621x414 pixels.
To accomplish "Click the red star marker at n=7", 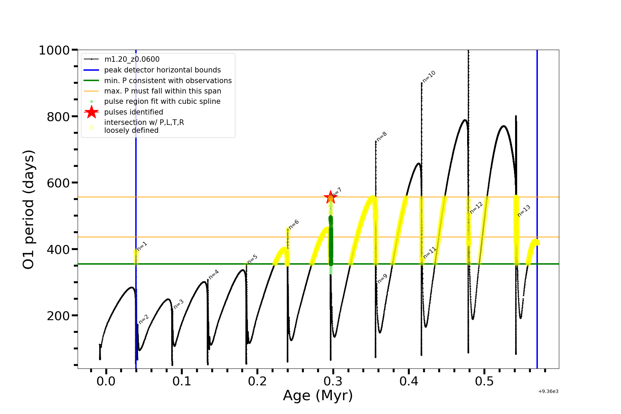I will (x=331, y=198).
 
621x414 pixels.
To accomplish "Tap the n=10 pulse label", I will (x=429, y=77).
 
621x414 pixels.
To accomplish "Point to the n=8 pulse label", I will (x=382, y=136).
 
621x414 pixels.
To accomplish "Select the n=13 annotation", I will (x=524, y=211).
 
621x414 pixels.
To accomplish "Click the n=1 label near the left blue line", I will (x=142, y=246).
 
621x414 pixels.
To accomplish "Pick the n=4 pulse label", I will (x=214, y=274).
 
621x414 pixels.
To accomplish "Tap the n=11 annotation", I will (x=430, y=253).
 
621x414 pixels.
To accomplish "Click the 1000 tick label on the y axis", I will (x=54, y=50).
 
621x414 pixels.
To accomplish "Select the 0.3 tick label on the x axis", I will (x=333, y=381).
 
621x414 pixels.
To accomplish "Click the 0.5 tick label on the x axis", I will (x=484, y=381).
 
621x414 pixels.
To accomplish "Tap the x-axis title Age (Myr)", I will (x=318, y=396).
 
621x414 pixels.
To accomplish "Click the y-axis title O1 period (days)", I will (x=28, y=209).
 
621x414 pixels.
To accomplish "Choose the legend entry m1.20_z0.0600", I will (x=132, y=59).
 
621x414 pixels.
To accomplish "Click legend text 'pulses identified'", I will (x=134, y=112).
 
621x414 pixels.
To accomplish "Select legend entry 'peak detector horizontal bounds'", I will (x=162, y=70).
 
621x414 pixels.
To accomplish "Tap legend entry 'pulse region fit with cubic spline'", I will (x=162, y=101).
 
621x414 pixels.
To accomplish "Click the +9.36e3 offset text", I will (x=548, y=391).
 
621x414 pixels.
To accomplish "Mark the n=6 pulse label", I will (x=294, y=224).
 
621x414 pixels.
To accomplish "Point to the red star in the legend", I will (x=91, y=112).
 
